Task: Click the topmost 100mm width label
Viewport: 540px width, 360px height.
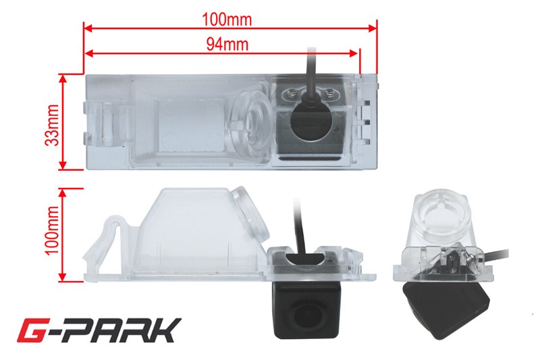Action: tap(227, 20)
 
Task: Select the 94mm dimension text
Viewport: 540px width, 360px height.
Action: tap(227, 44)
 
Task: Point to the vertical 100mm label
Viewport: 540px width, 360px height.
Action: tap(53, 230)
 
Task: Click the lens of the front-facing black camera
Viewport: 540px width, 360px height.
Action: tap(304, 314)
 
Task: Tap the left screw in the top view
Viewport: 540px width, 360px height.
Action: tap(290, 93)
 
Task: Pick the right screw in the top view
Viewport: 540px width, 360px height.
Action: tap(329, 92)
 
